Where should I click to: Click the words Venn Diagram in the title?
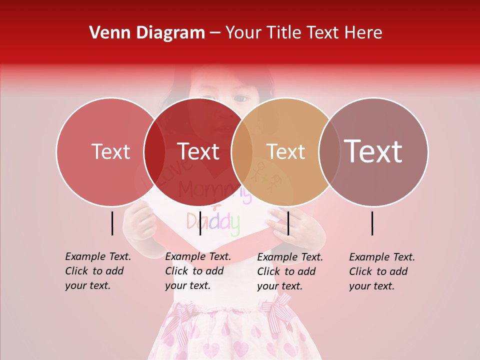click(147, 33)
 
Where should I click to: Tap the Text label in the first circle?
click(110, 152)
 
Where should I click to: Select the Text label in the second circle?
click(198, 152)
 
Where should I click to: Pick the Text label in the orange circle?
click(285, 152)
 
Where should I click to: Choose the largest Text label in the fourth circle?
click(373, 151)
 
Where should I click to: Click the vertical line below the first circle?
click(112, 223)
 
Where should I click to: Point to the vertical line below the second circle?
click(200, 223)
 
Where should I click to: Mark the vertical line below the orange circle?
click(288, 223)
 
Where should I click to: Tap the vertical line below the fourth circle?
click(372, 223)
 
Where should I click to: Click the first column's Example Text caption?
click(97, 271)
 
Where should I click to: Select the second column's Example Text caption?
click(197, 271)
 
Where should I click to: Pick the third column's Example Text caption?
click(289, 271)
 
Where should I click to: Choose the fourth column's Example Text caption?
click(381, 271)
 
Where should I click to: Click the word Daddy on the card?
click(213, 222)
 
